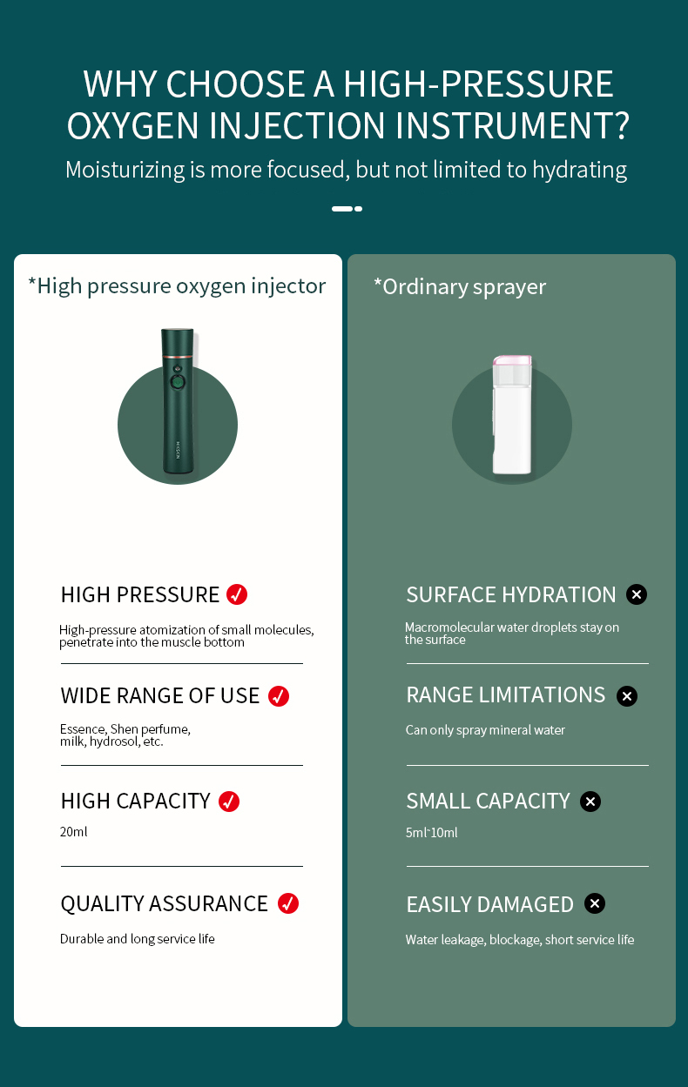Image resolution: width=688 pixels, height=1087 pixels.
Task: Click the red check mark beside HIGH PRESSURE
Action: [237, 594]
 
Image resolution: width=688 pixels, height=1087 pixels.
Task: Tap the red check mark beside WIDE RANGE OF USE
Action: [279, 696]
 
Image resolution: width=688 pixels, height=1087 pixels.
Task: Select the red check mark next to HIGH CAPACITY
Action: [229, 802]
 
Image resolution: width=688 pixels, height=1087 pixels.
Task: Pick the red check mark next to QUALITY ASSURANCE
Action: [288, 903]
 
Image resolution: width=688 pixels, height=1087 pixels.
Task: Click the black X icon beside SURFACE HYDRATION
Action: [637, 594]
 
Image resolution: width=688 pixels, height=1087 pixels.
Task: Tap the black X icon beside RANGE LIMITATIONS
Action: [627, 696]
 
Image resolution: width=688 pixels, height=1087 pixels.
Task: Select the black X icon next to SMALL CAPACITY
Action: [590, 802]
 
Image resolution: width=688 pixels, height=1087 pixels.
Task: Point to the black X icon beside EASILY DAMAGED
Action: [595, 903]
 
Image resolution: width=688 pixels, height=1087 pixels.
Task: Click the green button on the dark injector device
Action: [177, 382]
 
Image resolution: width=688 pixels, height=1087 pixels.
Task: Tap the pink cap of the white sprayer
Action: [512, 360]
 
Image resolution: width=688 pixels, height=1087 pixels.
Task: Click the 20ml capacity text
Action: [73, 832]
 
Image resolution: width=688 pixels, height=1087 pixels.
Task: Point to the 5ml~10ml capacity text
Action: [432, 833]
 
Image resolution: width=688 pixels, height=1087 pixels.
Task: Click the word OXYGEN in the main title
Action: [133, 125]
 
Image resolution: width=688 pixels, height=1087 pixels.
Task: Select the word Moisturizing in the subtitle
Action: [125, 171]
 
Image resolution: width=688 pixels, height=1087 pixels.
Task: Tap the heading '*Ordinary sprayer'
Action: [460, 287]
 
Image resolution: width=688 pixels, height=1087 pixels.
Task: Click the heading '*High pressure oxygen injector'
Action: [177, 286]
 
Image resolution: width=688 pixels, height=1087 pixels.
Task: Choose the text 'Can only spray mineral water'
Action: [485, 730]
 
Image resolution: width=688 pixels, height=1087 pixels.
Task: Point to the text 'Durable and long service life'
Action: [137, 939]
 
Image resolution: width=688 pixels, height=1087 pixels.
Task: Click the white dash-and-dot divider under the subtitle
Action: [347, 209]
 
